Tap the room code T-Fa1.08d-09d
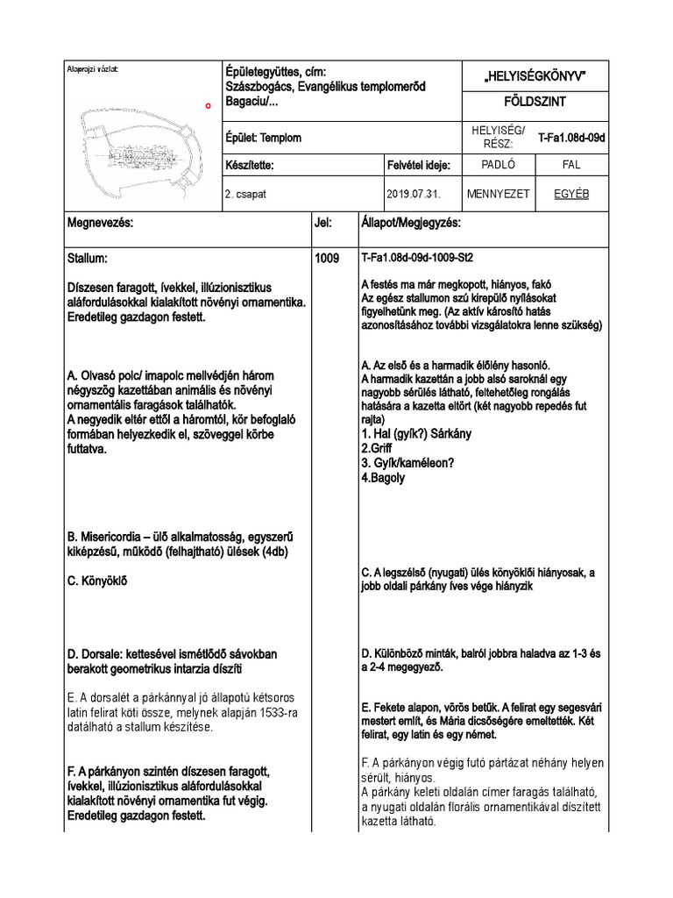coord(572,138)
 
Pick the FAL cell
coord(570,164)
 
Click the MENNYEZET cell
coord(498,194)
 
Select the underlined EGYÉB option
coord(570,194)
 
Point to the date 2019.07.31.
coord(412,195)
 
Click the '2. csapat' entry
coord(246,195)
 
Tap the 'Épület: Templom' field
coord(264,138)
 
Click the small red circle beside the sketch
coord(208,105)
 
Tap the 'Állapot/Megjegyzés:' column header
coord(411,224)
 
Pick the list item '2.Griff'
coord(378,448)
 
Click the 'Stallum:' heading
coord(88,260)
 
